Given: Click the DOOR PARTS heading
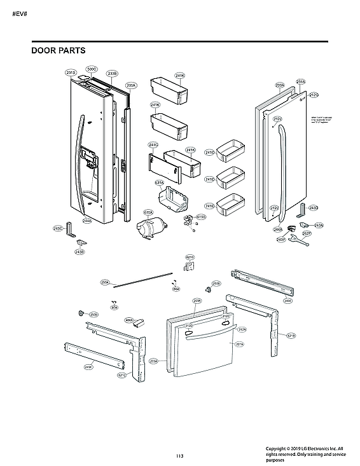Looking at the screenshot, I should [x=59, y=50].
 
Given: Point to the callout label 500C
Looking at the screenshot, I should [x=92, y=69].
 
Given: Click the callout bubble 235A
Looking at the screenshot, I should [x=132, y=85].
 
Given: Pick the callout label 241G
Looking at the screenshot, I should [x=153, y=144].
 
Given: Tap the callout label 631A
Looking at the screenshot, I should [x=160, y=182].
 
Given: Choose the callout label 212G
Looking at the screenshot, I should [x=314, y=95].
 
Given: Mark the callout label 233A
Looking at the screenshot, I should [x=279, y=85].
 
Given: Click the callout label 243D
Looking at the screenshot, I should [x=313, y=208].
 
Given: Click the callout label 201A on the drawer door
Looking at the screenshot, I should [x=240, y=344].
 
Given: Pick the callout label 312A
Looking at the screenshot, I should [x=242, y=329].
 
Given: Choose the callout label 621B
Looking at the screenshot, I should [x=291, y=335].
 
